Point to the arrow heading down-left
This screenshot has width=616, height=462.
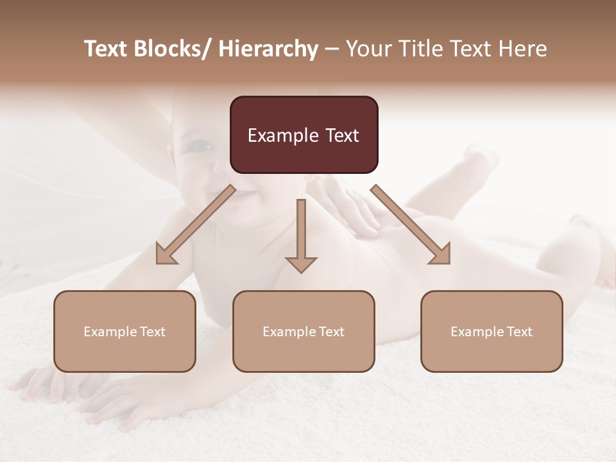click(x=195, y=225)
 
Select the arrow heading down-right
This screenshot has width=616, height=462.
click(x=411, y=225)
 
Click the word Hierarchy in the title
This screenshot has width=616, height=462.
click(x=268, y=49)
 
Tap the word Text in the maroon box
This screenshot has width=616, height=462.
click(x=341, y=136)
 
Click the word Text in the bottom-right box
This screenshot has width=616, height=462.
click(x=519, y=332)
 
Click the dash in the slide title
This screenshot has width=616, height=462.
click(x=332, y=49)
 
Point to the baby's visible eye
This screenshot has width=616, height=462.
click(x=201, y=147)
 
